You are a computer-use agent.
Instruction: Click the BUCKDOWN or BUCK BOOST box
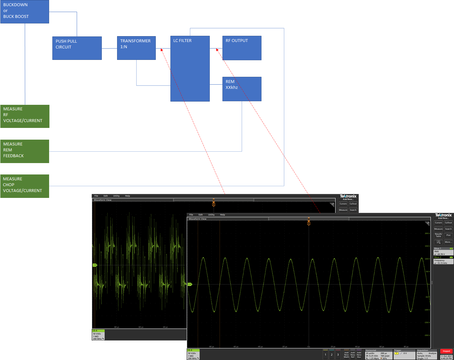(25, 11)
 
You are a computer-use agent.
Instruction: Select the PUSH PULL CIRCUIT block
(77, 48)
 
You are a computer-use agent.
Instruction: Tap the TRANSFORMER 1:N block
(136, 48)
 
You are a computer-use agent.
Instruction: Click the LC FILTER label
(182, 41)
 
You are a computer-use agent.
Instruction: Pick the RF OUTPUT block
(242, 48)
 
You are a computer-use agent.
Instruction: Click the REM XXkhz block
(242, 89)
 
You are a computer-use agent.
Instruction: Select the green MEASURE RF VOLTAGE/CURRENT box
(25, 116)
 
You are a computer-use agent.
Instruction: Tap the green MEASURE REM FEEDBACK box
(25, 151)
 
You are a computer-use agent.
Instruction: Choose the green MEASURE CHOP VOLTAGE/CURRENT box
(25, 186)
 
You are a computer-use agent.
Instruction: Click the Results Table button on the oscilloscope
(438, 235)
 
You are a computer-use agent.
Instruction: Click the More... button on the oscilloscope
(448, 242)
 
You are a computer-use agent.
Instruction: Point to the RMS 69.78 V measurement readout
(443, 253)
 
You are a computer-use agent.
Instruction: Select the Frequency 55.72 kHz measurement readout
(443, 261)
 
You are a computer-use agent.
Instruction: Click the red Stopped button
(446, 351)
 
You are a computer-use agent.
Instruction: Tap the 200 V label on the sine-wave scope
(427, 233)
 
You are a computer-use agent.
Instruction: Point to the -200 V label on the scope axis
(427, 335)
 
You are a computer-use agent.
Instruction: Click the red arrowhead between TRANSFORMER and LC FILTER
(162, 50)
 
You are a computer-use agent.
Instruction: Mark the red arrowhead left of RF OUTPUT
(217, 50)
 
